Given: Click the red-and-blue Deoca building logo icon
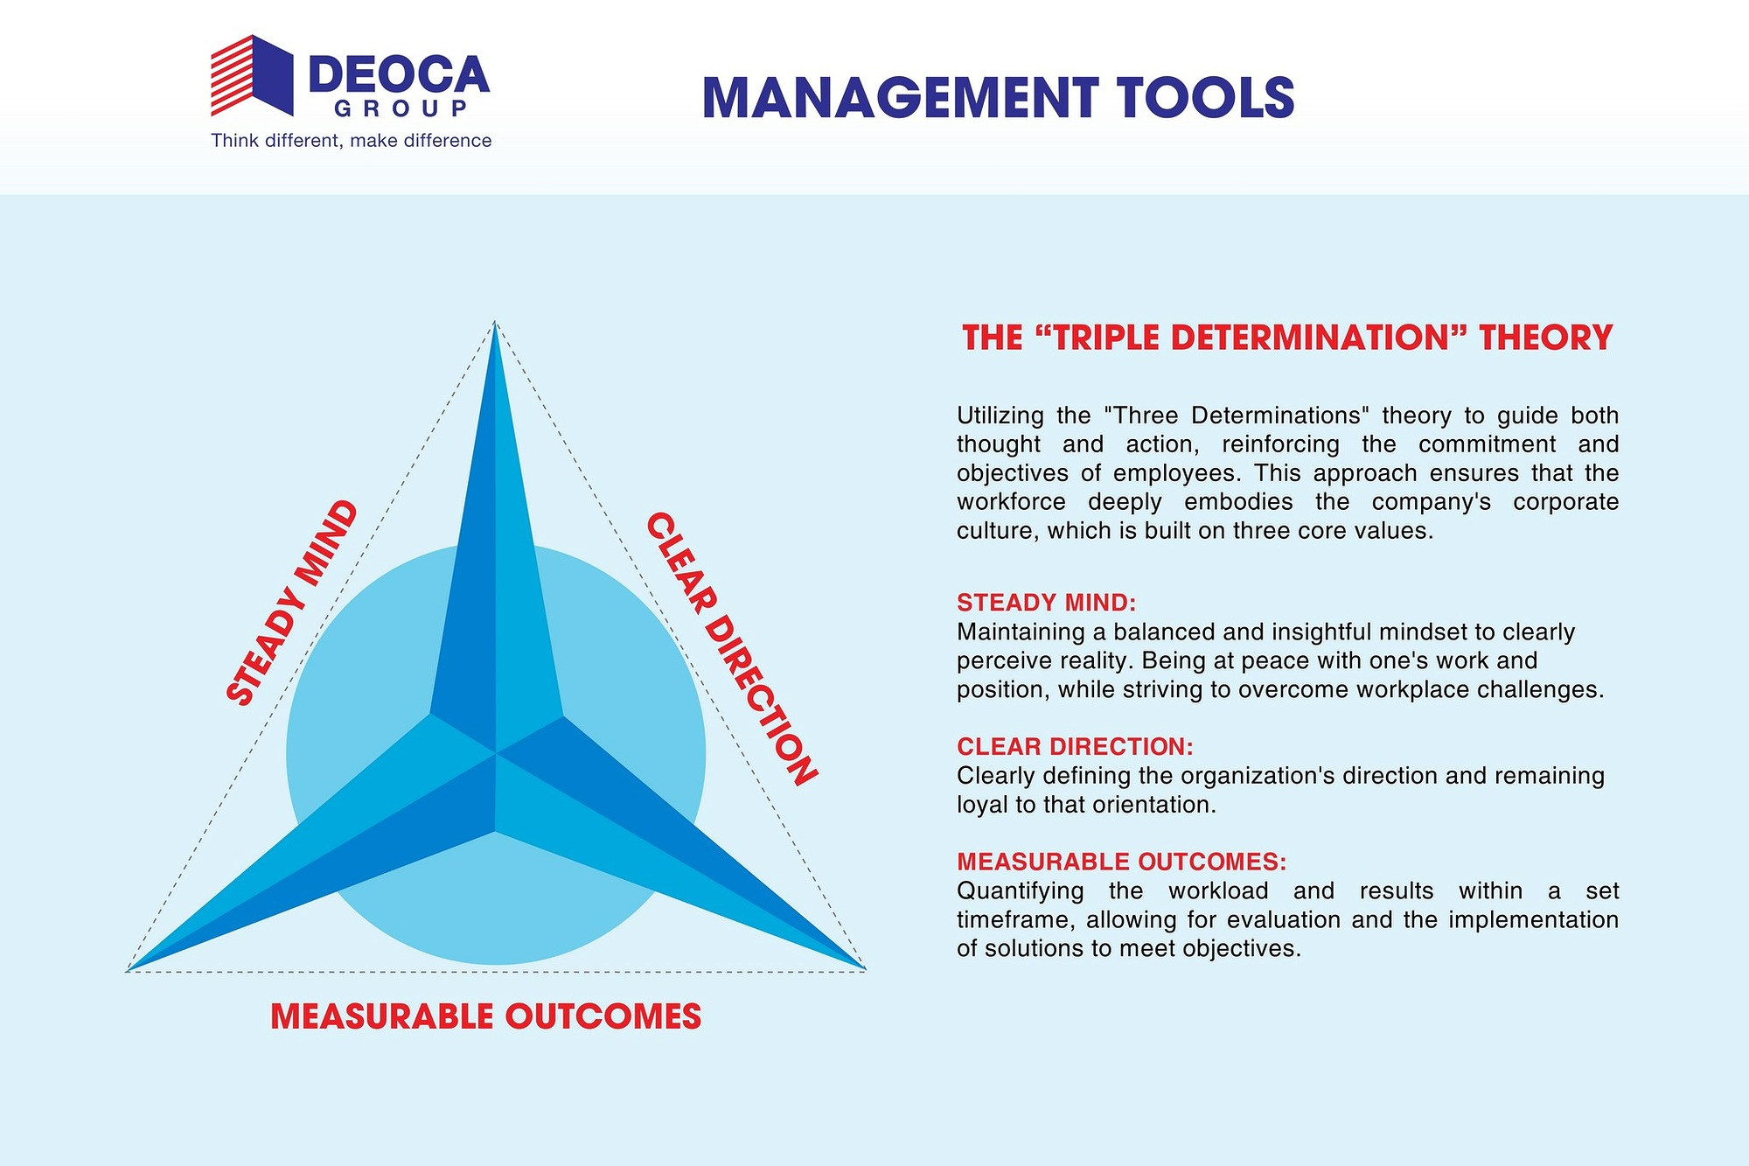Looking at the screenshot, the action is click(252, 75).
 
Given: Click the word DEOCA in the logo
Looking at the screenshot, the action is click(400, 75).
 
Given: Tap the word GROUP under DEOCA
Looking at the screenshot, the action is click(401, 108).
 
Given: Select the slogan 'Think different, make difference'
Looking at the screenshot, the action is click(352, 141).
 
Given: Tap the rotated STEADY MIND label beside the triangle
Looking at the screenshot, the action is click(292, 603).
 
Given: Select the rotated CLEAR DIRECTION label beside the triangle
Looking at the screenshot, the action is click(732, 649).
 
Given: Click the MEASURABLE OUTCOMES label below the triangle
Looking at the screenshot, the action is click(486, 1016).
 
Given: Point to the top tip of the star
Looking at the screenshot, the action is click(495, 322).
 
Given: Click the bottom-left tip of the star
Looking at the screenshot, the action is click(128, 970).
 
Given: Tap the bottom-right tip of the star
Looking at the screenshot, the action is click(865, 968).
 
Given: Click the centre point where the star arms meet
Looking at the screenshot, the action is click(496, 752).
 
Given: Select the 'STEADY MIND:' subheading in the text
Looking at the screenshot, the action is click(1046, 603).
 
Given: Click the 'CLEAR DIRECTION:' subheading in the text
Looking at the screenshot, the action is click(1075, 747).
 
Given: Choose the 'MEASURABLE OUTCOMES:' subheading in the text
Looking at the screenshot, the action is click(1122, 862).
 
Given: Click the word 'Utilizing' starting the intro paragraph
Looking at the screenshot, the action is click(1000, 416).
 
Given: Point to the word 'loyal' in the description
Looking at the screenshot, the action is click(982, 806).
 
